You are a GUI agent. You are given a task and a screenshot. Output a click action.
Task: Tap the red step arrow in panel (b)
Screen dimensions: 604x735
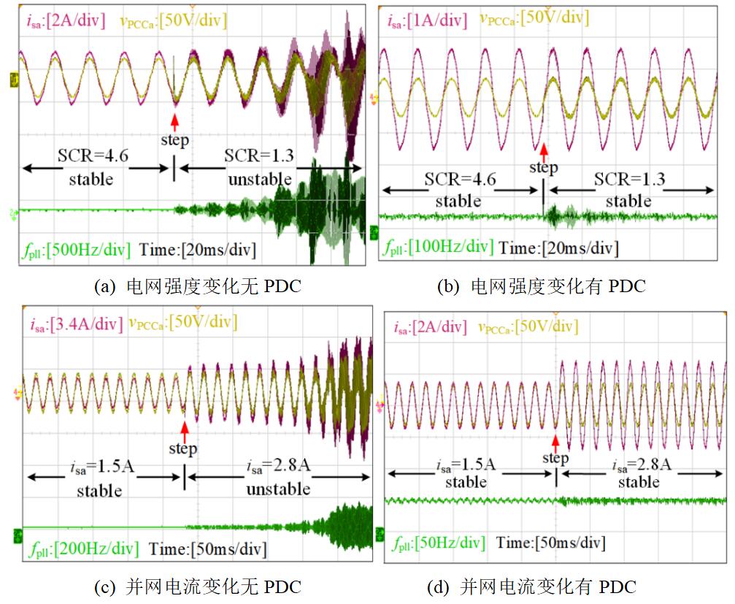point(543,152)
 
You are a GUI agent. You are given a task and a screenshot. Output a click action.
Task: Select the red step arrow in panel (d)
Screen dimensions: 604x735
point(555,440)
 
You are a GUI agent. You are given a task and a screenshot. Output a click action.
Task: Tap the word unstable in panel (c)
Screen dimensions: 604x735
point(278,489)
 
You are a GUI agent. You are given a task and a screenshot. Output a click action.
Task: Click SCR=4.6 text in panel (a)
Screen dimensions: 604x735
point(91,157)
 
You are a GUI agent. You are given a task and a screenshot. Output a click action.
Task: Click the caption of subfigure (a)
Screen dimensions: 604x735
point(198,286)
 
